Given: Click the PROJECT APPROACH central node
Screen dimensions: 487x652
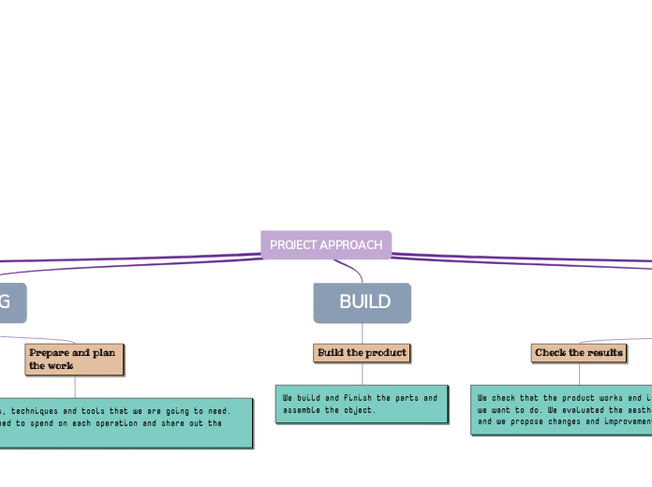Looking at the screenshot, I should coord(326,244).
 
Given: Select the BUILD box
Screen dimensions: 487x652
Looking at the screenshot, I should coord(363,303).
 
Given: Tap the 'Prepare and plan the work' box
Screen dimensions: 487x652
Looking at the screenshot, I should coord(74,359).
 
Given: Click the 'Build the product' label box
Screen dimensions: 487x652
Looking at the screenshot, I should coord(362,353).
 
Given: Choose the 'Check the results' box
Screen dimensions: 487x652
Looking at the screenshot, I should coord(579,353).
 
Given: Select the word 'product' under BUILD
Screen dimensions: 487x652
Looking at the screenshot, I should coord(388,353).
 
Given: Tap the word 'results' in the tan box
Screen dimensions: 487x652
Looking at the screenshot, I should coord(605,353).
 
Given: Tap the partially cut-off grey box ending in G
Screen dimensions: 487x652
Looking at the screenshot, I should coord(11,303).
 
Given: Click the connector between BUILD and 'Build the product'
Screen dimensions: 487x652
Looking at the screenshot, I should coord(363,332).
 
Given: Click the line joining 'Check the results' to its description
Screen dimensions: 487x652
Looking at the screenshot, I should coord(579,374).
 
